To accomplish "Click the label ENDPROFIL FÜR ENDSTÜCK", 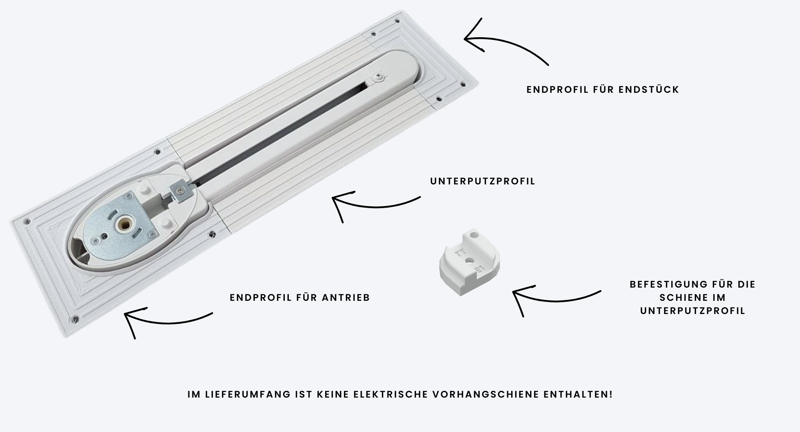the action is pyautogui.click(x=603, y=90).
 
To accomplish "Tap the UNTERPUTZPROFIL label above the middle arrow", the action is pyautogui.click(x=483, y=181).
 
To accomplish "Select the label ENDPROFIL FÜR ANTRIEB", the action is pyautogui.click(x=300, y=298).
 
